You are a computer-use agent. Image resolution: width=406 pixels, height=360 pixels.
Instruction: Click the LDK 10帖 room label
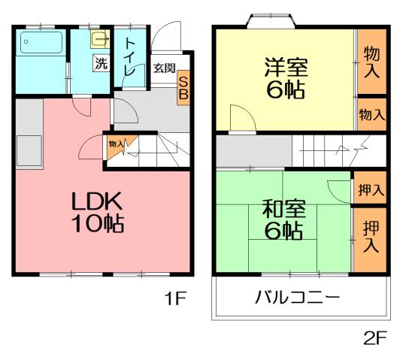pos(98,212)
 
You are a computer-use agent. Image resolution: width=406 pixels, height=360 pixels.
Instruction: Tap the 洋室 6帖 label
pos(285,78)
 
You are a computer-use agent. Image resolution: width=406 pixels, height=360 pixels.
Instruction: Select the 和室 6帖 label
pos(284,219)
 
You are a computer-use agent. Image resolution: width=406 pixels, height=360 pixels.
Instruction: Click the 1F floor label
pos(174,299)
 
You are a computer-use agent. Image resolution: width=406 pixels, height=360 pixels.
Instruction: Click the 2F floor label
pos(374,337)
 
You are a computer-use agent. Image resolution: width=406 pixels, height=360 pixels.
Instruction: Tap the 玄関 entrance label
pos(165,68)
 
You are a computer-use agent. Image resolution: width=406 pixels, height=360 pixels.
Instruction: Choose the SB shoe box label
pos(183,89)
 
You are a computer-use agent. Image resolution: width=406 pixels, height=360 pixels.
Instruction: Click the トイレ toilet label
pos(130,56)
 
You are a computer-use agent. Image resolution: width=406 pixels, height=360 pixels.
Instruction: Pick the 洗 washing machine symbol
pos(100,63)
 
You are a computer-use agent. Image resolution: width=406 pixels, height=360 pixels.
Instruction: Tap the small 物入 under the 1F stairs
pos(116,144)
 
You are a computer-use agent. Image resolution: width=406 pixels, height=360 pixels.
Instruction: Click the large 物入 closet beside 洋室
pos(371,62)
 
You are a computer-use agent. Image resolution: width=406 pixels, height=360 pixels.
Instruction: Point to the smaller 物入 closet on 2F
pos(371,115)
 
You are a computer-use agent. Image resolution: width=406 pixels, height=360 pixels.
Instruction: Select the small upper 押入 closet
pos(370,189)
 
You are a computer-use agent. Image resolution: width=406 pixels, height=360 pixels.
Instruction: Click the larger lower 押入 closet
pos(370,237)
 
